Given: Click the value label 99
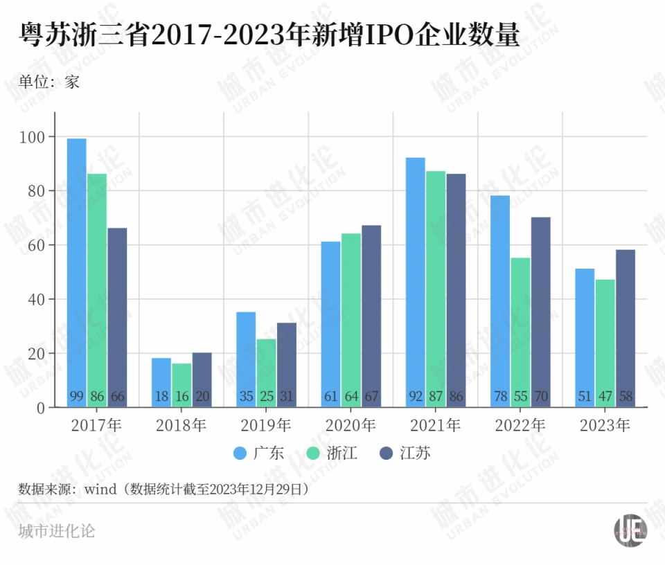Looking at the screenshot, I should point(76,397).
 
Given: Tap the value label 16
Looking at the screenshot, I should point(181,397).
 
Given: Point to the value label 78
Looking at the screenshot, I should point(499,397).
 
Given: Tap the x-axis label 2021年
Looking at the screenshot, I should point(436,425).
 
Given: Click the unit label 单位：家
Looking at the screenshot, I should point(49,82).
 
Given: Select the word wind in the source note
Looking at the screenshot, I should point(100,490).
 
